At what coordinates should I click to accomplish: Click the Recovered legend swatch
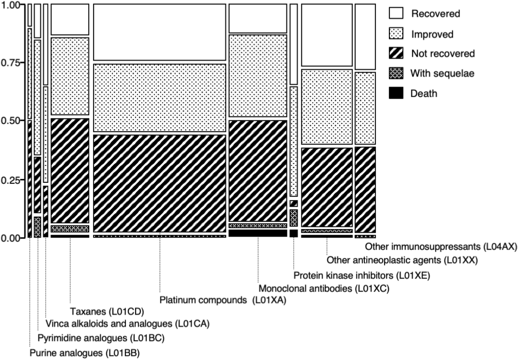(x=396, y=14)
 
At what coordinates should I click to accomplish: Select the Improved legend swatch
(x=396, y=34)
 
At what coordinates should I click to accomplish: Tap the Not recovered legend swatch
(x=396, y=53)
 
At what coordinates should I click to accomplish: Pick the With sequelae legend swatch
(x=396, y=73)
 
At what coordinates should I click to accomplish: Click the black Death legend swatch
(x=396, y=93)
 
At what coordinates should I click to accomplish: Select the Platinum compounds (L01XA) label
(x=223, y=300)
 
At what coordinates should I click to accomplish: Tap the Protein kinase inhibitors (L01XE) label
(x=361, y=275)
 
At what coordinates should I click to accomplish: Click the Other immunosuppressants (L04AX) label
(x=441, y=247)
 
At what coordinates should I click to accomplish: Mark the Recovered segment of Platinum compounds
(x=159, y=32)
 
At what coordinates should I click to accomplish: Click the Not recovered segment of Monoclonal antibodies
(x=258, y=171)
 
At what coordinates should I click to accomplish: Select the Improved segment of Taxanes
(x=70, y=76)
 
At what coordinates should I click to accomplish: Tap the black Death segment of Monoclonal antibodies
(x=258, y=233)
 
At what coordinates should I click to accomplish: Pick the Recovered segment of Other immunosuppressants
(x=365, y=37)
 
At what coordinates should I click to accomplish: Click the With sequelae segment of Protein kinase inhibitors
(x=293, y=218)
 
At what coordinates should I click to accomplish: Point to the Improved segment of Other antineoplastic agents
(x=327, y=107)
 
